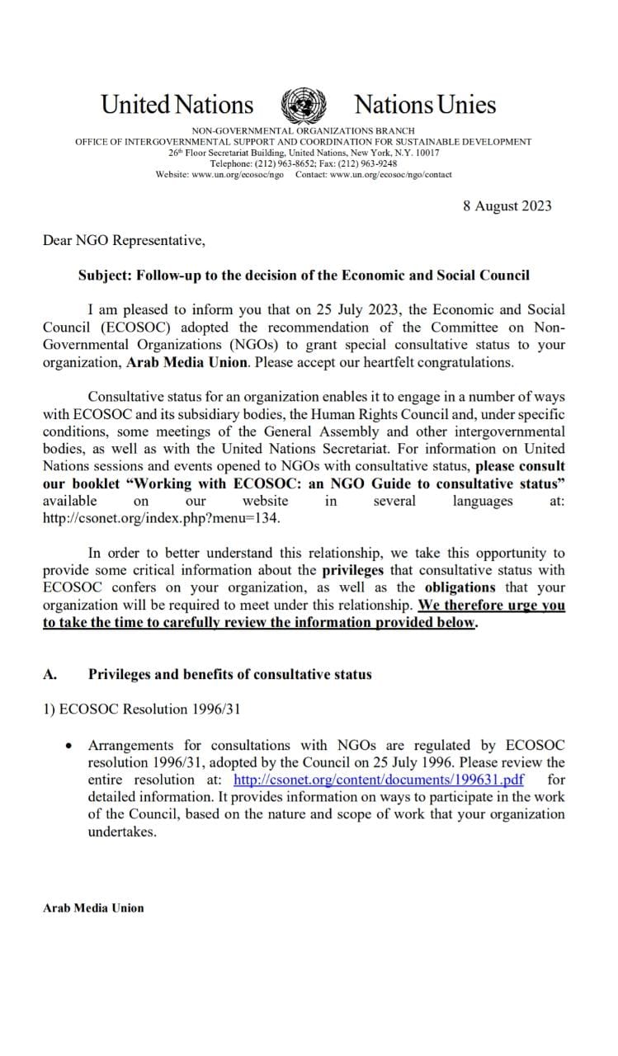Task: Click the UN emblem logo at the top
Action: click(304, 105)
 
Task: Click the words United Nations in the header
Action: click(177, 105)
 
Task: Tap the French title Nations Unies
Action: click(425, 105)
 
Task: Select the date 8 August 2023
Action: click(507, 206)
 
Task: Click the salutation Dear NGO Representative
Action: click(124, 240)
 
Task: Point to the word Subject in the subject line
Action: click(104, 275)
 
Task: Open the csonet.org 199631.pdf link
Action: click(379, 780)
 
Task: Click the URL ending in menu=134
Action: click(162, 518)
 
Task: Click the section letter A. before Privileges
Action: click(50, 674)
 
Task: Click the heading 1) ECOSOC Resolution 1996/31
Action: click(141, 710)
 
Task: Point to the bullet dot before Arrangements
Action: click(68, 746)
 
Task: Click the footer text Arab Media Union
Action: click(93, 907)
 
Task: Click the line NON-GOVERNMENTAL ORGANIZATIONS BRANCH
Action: click(303, 131)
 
